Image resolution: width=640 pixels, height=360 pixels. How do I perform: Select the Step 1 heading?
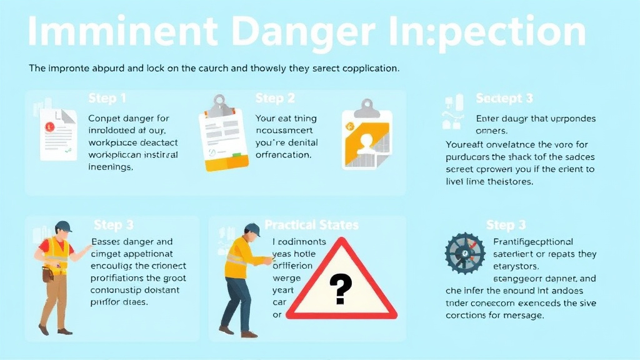pos(107,99)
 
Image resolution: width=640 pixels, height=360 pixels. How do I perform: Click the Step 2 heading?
pos(274,99)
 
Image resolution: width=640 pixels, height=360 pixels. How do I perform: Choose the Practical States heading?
pos(311,224)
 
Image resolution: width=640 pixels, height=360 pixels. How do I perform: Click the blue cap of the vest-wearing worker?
pos(63,226)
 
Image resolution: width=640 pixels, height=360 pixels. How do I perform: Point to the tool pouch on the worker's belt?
pos(47,274)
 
